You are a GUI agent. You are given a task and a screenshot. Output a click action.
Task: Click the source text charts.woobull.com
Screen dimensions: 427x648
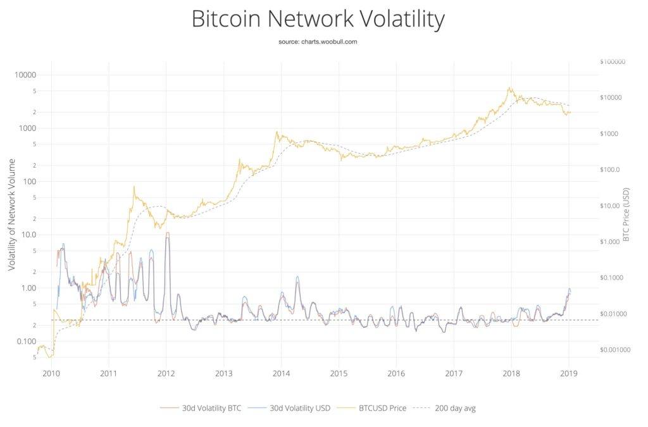click(318, 41)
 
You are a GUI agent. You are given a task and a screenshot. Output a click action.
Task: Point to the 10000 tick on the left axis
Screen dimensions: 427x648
click(25, 75)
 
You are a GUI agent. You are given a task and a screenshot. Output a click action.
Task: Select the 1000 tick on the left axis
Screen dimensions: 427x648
click(27, 128)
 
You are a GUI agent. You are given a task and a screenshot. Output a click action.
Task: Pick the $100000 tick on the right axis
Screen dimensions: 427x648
click(611, 61)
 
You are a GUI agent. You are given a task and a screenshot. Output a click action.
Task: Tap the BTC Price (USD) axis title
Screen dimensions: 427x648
click(626, 214)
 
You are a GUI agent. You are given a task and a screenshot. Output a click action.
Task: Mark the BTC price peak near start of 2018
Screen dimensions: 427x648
click(510, 89)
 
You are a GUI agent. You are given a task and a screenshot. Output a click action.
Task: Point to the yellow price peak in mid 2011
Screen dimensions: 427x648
click(134, 187)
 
